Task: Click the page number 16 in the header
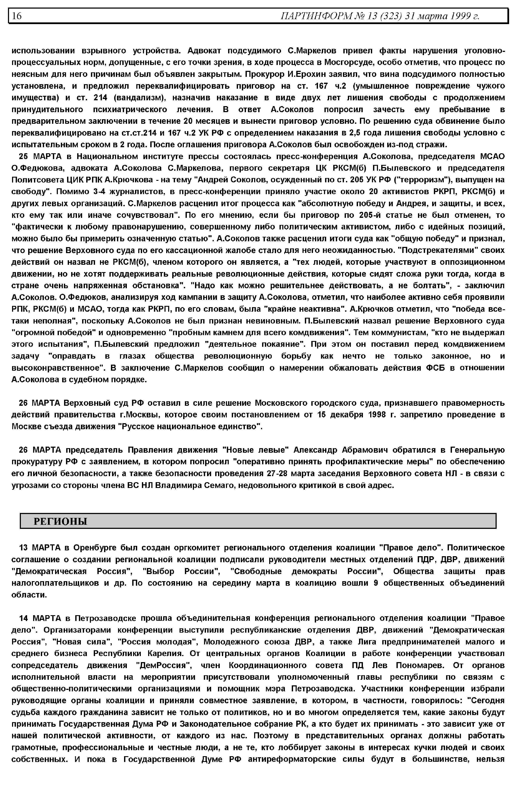pyautogui.click(x=17, y=16)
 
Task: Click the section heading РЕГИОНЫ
pyautogui.click(x=60, y=522)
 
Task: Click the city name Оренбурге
pyautogui.click(x=94, y=548)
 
